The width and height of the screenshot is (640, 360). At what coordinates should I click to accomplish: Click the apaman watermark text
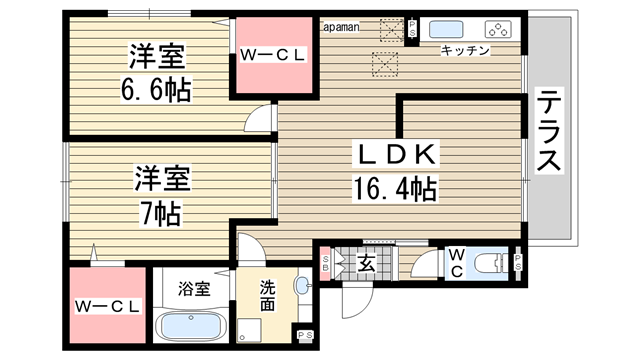(341, 27)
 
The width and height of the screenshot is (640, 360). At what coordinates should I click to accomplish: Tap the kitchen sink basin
(446, 30)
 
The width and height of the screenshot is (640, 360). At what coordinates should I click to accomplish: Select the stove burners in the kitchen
(498, 30)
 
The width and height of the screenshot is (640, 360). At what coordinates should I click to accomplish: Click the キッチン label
(465, 51)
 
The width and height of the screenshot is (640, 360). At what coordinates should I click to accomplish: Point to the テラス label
(549, 131)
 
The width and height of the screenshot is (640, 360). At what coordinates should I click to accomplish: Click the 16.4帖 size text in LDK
(395, 189)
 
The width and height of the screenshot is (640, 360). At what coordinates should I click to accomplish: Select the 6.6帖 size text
(156, 89)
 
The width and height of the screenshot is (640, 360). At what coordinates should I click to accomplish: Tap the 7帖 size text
(160, 213)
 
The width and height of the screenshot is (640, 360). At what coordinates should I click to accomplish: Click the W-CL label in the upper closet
(273, 55)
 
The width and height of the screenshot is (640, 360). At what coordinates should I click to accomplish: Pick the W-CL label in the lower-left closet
(108, 307)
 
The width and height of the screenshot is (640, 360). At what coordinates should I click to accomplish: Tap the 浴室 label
(194, 289)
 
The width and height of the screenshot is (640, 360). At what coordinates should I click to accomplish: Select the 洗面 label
(267, 296)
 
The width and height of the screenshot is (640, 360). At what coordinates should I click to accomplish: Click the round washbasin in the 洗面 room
(302, 285)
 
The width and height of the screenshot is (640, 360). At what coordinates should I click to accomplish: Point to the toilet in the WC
(491, 263)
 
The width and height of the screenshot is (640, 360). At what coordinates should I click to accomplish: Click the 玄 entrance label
(366, 264)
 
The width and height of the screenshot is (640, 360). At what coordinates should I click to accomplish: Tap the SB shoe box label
(325, 263)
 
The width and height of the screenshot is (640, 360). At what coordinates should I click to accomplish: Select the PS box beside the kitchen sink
(412, 28)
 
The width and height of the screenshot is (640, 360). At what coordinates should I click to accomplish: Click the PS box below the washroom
(305, 335)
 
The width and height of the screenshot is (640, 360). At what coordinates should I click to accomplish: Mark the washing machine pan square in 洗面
(249, 330)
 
